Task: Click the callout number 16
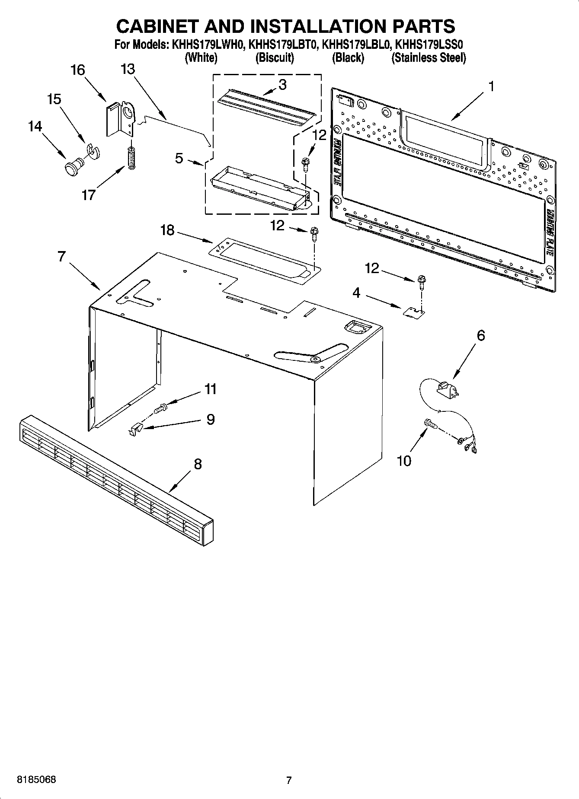(x=78, y=70)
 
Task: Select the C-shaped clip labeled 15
(x=93, y=150)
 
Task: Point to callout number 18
(x=167, y=230)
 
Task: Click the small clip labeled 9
(x=136, y=429)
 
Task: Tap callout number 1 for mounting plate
(x=491, y=86)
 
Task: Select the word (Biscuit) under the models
(x=275, y=57)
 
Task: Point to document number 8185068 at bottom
(x=36, y=780)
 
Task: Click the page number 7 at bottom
(x=289, y=780)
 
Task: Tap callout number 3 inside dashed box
(x=282, y=85)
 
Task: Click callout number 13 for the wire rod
(x=128, y=69)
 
